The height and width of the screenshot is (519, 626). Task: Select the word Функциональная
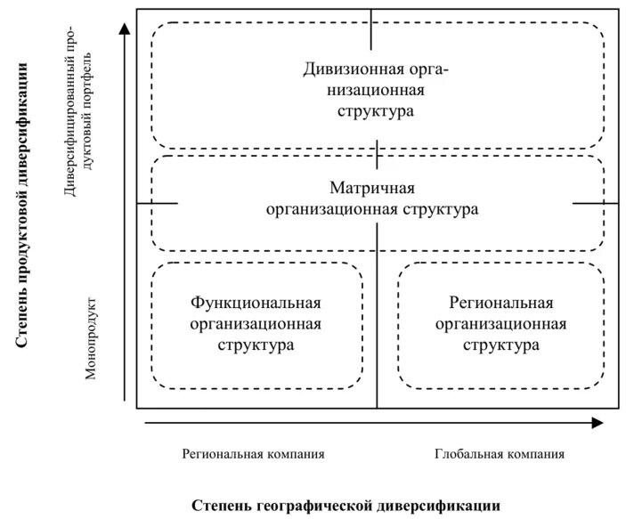point(256,303)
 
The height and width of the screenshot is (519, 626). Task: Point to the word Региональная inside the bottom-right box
point(501,303)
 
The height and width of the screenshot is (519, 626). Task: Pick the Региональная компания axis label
point(254,454)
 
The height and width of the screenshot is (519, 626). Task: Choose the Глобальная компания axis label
point(500,454)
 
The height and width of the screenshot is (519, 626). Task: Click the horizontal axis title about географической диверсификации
point(346,505)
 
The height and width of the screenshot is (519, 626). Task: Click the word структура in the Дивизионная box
point(376,112)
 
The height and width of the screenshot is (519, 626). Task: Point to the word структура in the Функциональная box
point(256,345)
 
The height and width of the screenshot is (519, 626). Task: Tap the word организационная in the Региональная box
point(501,324)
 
